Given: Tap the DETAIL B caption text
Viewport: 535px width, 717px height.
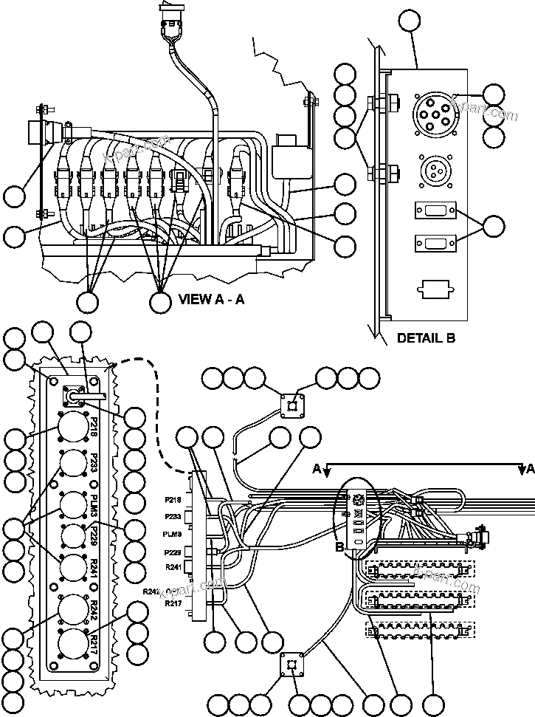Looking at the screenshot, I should (426, 339).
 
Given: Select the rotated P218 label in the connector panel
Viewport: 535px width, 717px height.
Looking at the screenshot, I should (94, 429).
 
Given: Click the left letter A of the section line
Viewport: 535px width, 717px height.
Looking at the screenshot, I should (317, 468).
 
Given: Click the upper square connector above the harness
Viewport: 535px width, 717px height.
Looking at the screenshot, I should (293, 405).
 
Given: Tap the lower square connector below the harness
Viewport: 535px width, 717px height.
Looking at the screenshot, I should (293, 665).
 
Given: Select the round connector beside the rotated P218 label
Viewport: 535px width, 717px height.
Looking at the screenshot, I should (72, 428).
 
